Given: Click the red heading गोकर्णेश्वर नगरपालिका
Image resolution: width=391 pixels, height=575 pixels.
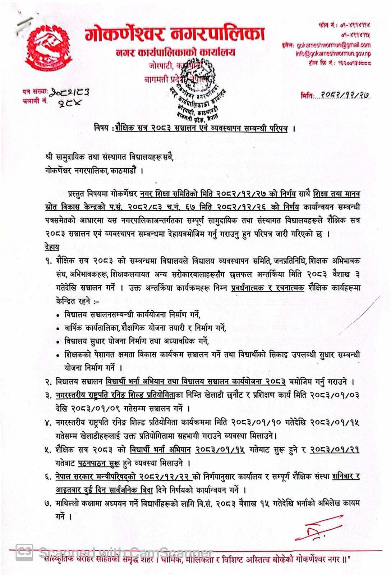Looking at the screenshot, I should coord(175,34).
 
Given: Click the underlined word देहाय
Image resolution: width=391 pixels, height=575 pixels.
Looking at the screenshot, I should coord(52,247).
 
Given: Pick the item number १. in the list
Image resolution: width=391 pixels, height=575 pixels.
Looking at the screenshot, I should coord(49,261).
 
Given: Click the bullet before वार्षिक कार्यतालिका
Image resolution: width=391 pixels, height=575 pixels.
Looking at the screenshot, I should coord(58,329).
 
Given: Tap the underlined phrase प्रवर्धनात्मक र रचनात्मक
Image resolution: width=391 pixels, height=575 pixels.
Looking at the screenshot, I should coord(268,288).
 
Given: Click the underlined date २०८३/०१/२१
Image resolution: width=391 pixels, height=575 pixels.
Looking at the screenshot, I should coord(335,450).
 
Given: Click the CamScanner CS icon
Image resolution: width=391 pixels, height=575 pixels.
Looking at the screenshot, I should coord(24,552).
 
